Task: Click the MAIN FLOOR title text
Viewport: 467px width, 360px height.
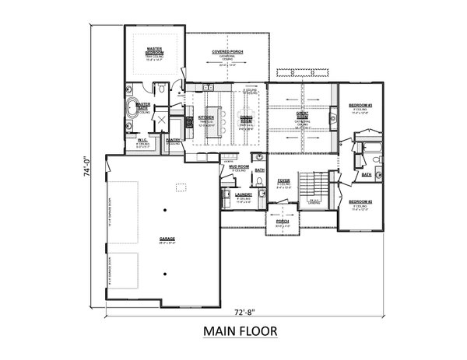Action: [x=239, y=331]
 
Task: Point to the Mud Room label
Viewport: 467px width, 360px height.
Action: [x=238, y=166]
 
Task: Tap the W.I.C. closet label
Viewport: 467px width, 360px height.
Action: [x=142, y=142]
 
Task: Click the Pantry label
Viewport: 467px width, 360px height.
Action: [x=174, y=141]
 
